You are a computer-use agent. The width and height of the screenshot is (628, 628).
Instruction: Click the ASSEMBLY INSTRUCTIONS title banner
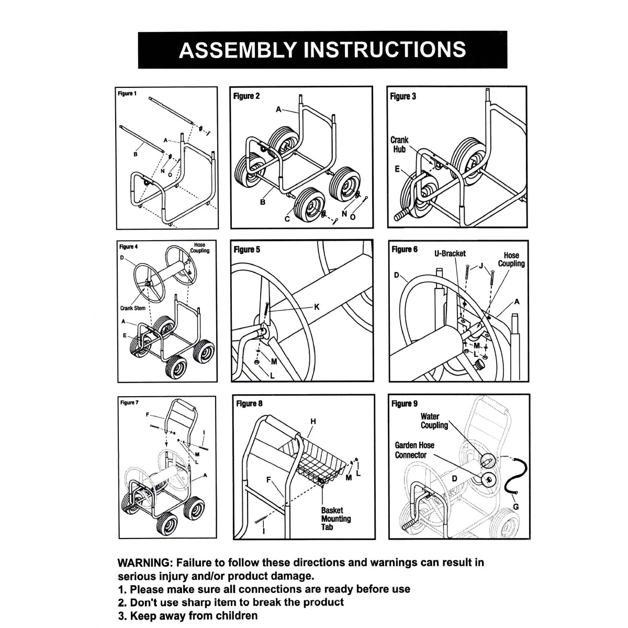pos(322,50)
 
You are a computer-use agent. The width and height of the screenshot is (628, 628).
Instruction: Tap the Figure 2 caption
pos(246,96)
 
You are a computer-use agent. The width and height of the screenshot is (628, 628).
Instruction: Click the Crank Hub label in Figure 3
pos(399,144)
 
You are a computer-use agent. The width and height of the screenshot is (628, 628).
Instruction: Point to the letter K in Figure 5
pos(316,307)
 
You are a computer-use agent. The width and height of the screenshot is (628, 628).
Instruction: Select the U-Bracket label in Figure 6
pos(450,253)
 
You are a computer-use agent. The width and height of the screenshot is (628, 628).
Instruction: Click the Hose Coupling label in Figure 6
pos(511,260)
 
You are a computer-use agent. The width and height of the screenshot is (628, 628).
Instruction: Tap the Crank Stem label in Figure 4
pos(133,308)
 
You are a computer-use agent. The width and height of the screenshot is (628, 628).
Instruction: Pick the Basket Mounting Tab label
pos(335,519)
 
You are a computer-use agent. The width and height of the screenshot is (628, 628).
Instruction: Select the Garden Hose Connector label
pos(414,450)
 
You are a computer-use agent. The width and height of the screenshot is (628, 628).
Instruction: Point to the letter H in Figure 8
pos(313,421)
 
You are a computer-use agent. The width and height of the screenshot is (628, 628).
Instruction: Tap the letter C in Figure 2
pos(287,219)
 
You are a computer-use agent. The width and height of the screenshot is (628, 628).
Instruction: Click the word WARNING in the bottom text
pos(144,563)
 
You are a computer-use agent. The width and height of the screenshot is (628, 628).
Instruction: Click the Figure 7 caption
pos(129,402)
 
